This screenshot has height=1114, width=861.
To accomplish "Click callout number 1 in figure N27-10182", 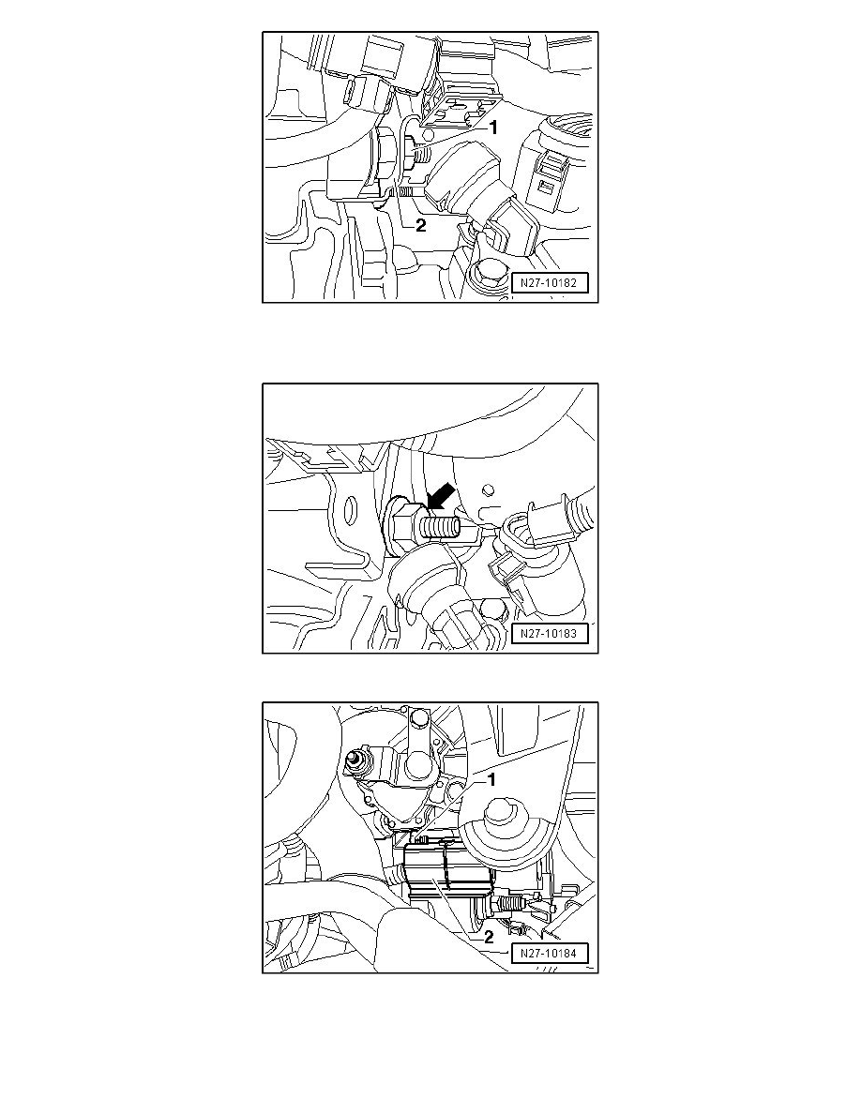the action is [493, 128].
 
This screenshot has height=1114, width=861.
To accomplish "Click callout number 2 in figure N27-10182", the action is [420, 225].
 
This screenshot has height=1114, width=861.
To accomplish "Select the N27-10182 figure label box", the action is [550, 283].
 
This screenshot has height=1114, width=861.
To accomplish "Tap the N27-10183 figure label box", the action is [550, 634].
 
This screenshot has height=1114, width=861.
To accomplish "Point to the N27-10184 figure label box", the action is [550, 954].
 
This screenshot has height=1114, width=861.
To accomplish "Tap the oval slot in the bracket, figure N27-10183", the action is [350, 512].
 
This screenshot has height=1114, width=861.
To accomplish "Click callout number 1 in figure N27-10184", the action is [491, 780].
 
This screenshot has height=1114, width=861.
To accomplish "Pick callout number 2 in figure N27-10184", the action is [489, 937].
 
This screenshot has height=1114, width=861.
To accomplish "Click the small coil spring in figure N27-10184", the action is [510, 906].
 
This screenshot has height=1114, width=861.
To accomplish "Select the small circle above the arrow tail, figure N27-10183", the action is [486, 489].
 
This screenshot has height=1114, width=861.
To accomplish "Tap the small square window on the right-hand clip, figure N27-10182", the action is [547, 188].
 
